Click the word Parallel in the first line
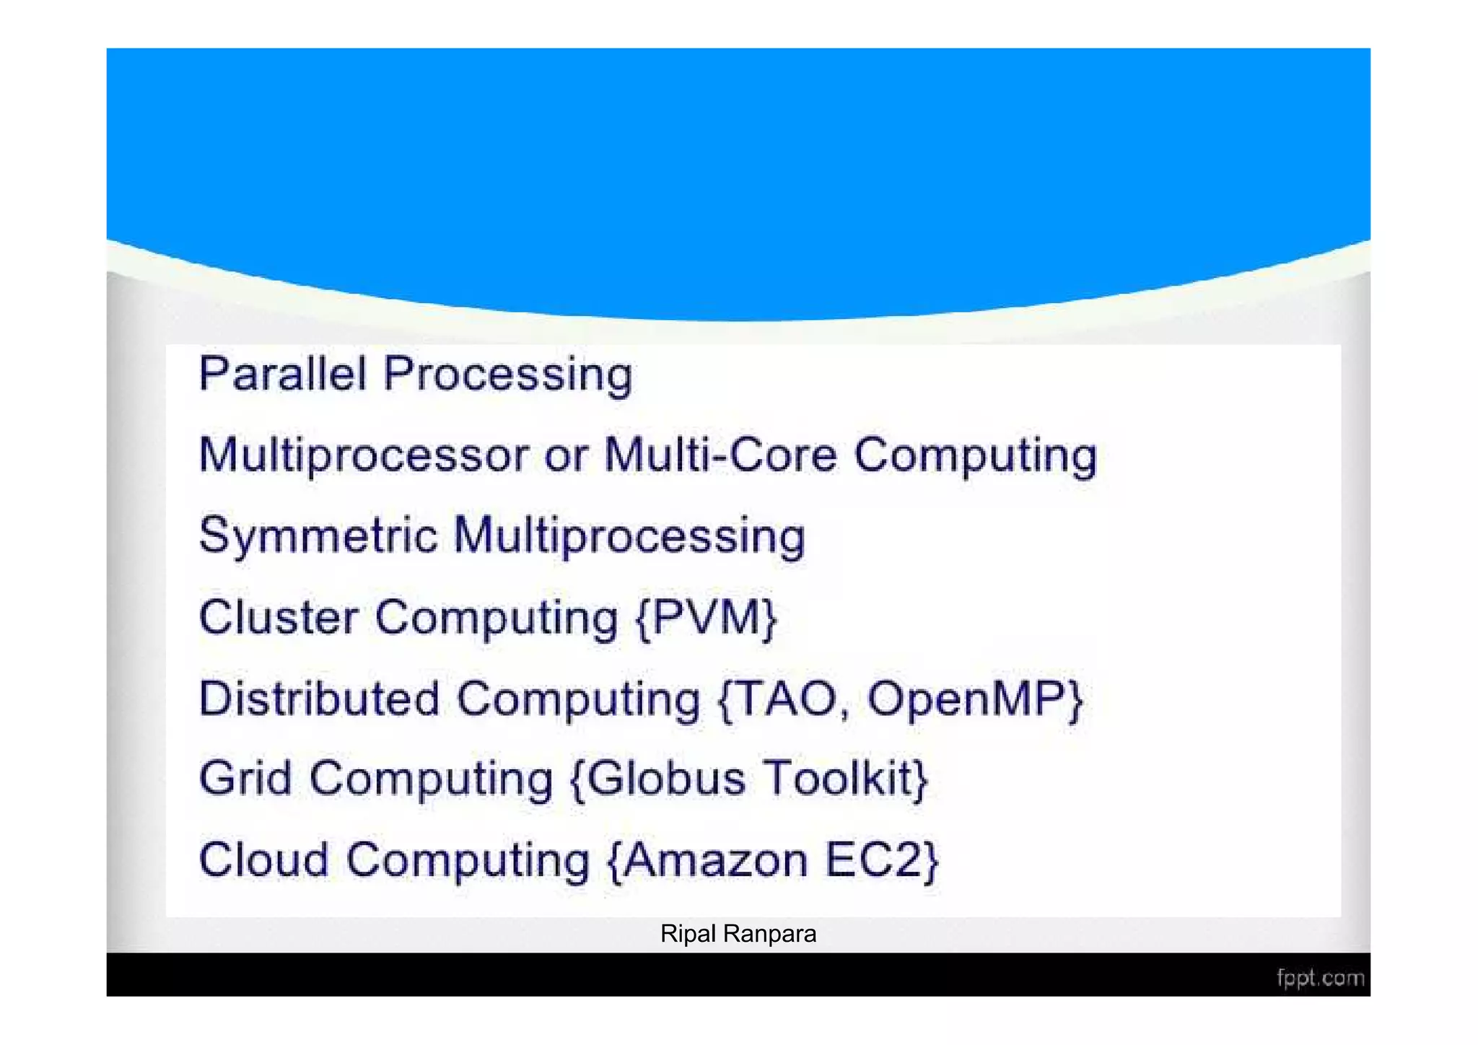282,374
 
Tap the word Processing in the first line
507,375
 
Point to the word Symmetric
318,537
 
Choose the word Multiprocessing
629,537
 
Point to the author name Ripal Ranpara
738,934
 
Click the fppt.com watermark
1320,978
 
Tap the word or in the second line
566,456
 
